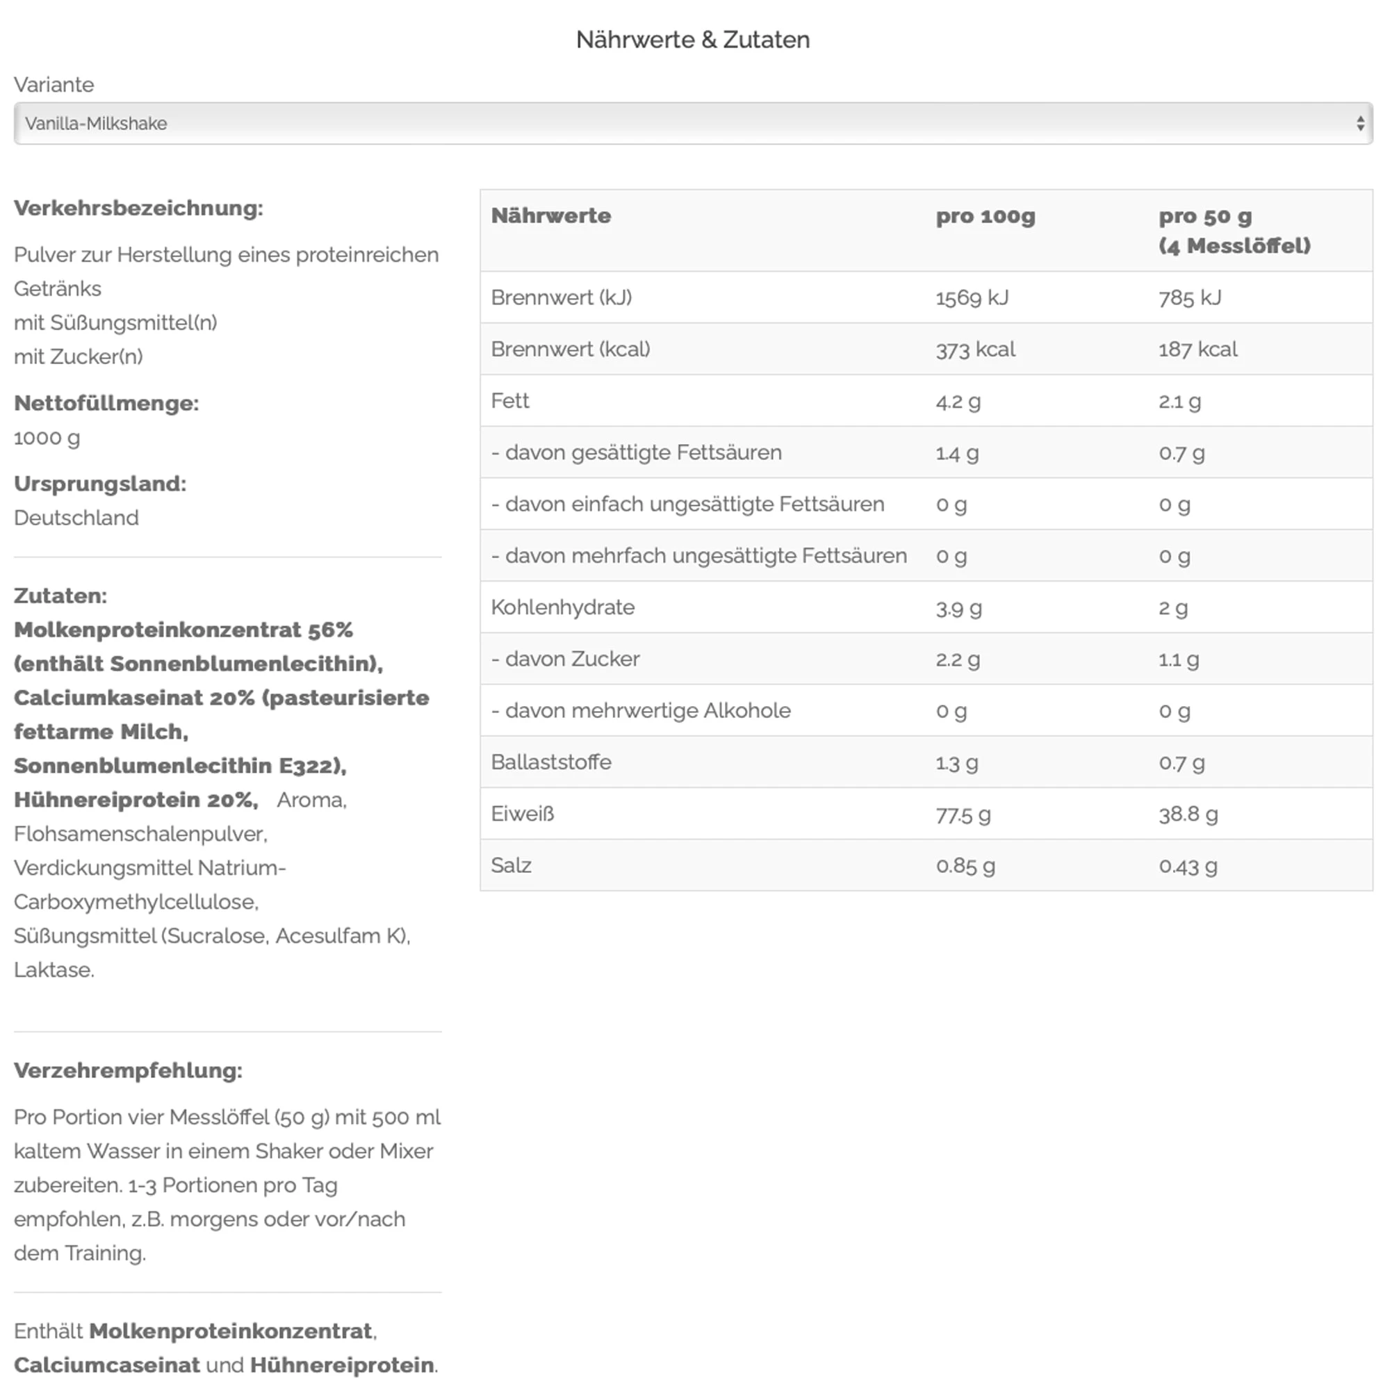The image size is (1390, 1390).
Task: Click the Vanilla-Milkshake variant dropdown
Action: pyautogui.click(x=692, y=123)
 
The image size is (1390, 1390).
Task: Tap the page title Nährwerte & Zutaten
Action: pyautogui.click(x=692, y=40)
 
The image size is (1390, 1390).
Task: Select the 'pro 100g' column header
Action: pyautogui.click(x=984, y=216)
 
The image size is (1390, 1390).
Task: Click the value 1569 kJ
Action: pyautogui.click(x=972, y=297)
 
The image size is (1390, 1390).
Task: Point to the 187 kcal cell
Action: pyautogui.click(x=1197, y=349)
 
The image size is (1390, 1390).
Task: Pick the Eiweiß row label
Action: pyautogui.click(x=523, y=814)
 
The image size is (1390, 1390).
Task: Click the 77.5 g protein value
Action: pyautogui.click(x=963, y=815)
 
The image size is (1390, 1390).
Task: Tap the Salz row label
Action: pyautogui.click(x=511, y=865)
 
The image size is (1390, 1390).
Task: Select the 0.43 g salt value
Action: pyautogui.click(x=1187, y=865)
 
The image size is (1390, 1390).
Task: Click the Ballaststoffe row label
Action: pyautogui.click(x=551, y=762)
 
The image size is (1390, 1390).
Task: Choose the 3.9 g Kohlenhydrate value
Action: pyautogui.click(x=958, y=608)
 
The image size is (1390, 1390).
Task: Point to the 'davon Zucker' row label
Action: pyautogui.click(x=566, y=659)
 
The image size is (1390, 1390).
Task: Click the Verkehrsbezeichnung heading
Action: pyautogui.click(x=138, y=208)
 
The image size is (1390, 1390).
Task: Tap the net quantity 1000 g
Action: pyautogui.click(x=47, y=437)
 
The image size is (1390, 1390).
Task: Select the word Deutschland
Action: pyautogui.click(x=76, y=518)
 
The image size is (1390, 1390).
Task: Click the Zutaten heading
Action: pyautogui.click(x=60, y=596)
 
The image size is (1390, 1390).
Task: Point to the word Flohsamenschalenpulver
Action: pyautogui.click(x=140, y=834)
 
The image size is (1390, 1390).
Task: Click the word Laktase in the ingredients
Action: pyautogui.click(x=54, y=970)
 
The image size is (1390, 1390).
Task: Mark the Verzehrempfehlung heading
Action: pyautogui.click(x=128, y=1070)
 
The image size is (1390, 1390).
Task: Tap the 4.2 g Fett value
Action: pyautogui.click(x=958, y=401)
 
